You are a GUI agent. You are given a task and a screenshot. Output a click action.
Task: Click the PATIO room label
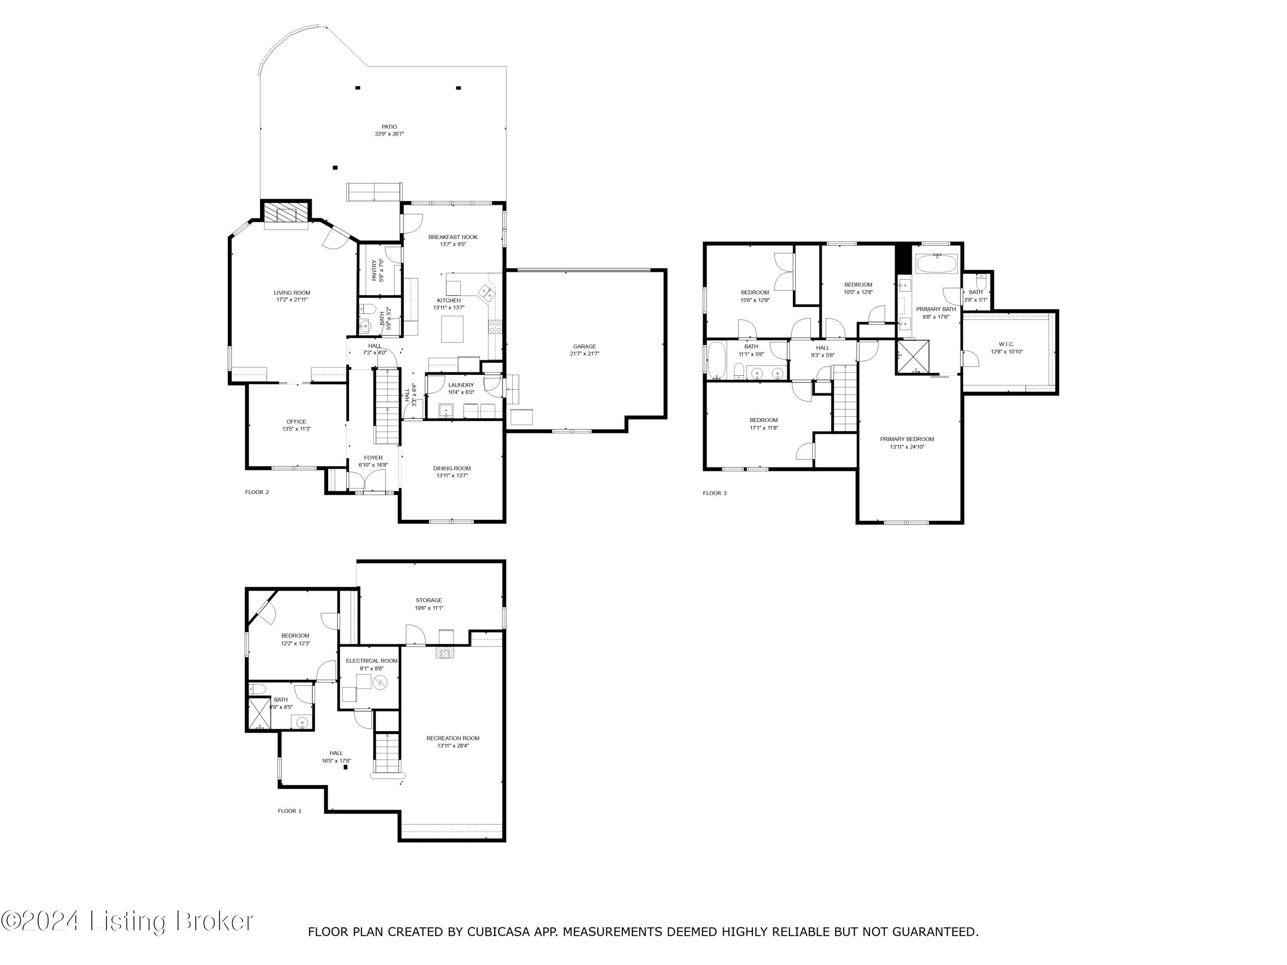(x=389, y=127)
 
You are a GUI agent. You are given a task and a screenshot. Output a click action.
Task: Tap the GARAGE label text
(x=584, y=347)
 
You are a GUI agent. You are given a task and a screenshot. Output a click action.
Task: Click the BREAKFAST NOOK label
(x=453, y=237)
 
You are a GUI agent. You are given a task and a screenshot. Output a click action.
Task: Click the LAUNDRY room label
(x=461, y=385)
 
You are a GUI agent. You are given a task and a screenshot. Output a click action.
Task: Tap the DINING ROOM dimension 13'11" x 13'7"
(x=452, y=476)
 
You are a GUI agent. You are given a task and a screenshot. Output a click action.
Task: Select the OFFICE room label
(x=296, y=422)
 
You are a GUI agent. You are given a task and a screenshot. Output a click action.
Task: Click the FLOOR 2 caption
(x=257, y=492)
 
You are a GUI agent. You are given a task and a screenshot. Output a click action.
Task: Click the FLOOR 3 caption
(x=714, y=493)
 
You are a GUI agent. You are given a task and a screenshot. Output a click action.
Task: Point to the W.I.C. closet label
(x=1006, y=344)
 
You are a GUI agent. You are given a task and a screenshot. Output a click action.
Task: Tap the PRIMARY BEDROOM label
(x=906, y=439)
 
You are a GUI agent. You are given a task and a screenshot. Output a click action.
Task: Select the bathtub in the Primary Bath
(x=937, y=264)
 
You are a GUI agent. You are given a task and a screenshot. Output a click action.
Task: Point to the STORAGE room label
(x=429, y=600)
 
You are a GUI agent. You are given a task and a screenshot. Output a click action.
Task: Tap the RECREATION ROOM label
(x=453, y=738)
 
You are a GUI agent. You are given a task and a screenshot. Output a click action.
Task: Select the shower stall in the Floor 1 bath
(x=259, y=713)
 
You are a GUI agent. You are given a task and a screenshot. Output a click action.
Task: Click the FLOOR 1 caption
(x=290, y=811)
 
